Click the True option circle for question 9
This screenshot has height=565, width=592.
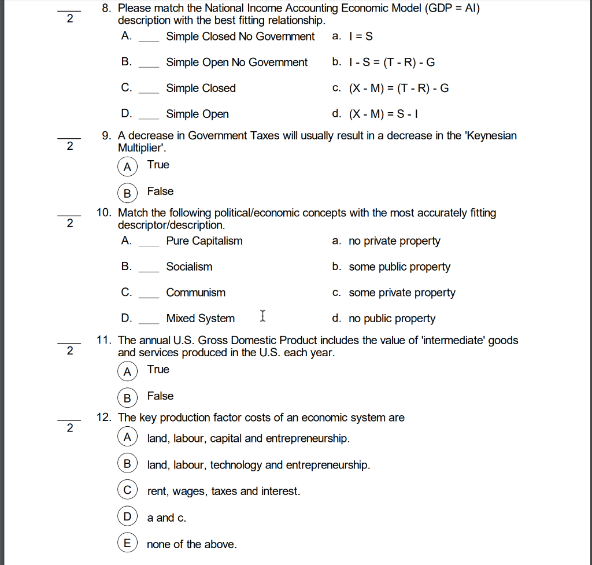[127, 167]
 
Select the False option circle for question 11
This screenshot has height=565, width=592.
[127, 398]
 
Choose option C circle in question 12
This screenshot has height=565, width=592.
[127, 490]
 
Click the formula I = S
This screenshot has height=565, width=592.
[361, 36]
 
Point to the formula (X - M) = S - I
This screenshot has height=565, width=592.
[383, 114]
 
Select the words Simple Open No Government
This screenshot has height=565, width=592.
[236, 62]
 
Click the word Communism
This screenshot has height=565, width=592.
[195, 293]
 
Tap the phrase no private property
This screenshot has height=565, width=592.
[394, 241]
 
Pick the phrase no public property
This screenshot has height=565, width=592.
[392, 319]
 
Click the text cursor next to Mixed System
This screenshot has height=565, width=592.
[263, 316]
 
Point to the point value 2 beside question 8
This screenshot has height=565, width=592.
[70, 19]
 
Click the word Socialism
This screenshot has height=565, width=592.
[189, 267]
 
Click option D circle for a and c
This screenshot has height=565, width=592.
[127, 516]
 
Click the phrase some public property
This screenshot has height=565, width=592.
[399, 267]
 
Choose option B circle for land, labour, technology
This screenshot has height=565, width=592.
[127, 463]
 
